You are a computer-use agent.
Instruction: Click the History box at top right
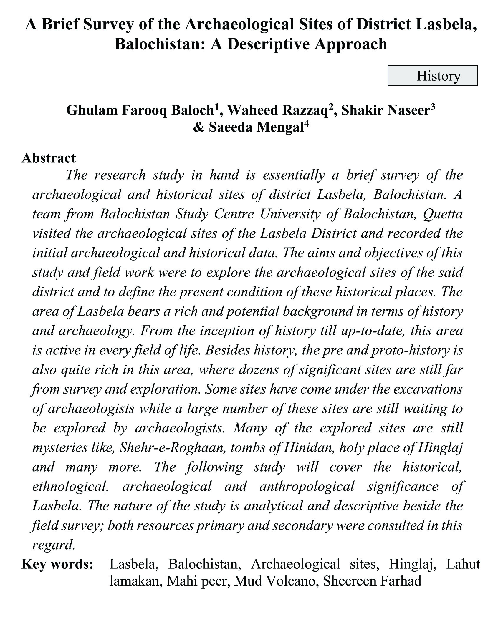(x=432, y=76)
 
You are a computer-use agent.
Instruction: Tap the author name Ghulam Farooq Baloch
(x=140, y=110)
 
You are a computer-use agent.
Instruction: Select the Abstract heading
(x=49, y=158)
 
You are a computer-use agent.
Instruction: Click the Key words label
(x=58, y=564)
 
